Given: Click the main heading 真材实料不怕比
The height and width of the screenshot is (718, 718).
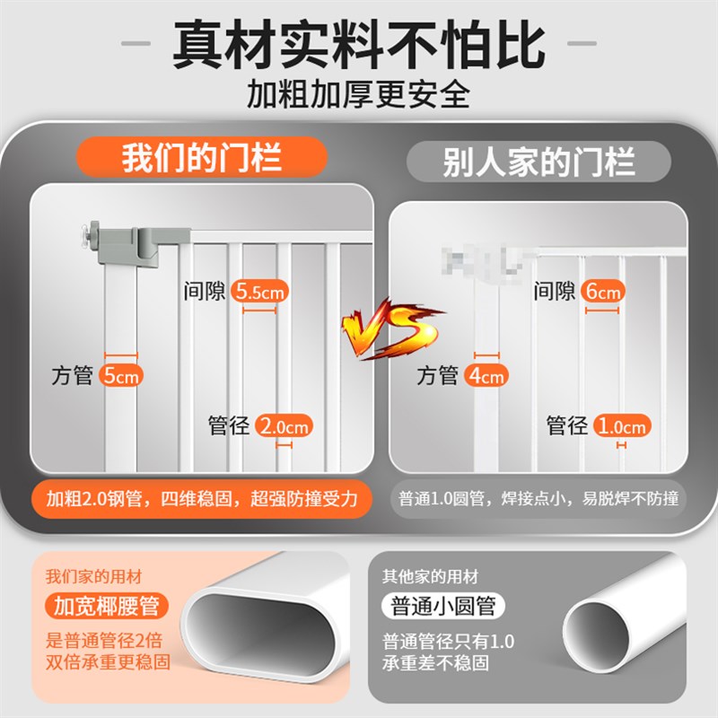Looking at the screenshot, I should point(358,44).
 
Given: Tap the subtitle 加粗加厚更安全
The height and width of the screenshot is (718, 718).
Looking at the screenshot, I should point(358,93).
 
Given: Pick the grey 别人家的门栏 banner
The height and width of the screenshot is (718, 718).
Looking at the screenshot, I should point(538,162).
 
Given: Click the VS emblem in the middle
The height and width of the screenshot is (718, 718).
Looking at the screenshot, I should point(392,328).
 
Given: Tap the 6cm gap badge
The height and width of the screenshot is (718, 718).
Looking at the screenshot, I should point(602,292).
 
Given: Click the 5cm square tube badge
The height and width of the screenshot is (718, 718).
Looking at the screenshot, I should point(121,376).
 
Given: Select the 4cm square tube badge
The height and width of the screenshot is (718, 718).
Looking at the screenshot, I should point(486,376).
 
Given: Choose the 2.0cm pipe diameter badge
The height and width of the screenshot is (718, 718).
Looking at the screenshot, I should point(283,425).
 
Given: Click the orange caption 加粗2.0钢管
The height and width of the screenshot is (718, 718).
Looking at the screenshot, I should point(201,499).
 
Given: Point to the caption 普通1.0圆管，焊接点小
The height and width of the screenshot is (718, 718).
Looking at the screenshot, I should point(538,499).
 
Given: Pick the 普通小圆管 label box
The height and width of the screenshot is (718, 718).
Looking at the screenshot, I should point(443,606).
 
